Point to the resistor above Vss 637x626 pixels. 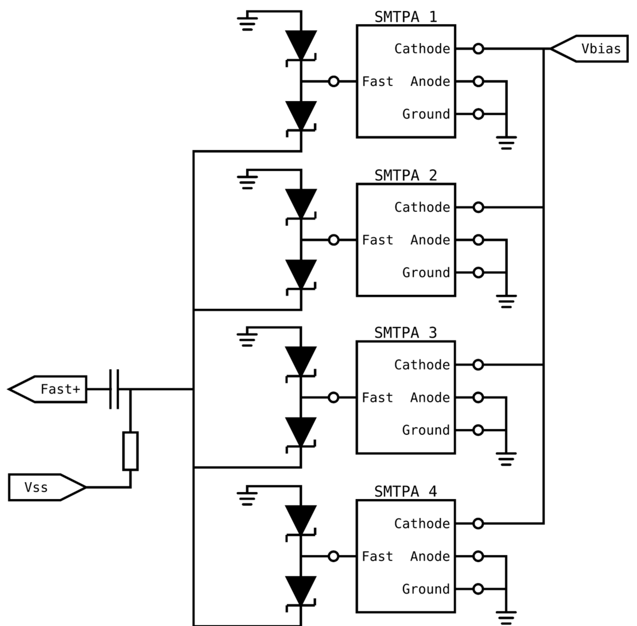point(130,451)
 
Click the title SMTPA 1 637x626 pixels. point(405,17)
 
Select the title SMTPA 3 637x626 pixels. point(405,333)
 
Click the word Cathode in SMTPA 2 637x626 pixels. point(422,208)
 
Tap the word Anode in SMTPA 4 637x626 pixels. point(430,556)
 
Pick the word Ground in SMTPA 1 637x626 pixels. point(426,114)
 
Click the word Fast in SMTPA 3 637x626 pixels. point(377,398)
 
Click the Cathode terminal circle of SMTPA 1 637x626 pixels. point(478,49)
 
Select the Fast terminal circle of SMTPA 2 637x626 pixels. point(334,240)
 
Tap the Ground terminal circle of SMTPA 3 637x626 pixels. point(478,430)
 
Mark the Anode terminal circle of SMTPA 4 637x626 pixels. point(478,556)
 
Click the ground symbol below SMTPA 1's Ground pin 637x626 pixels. point(506,142)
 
